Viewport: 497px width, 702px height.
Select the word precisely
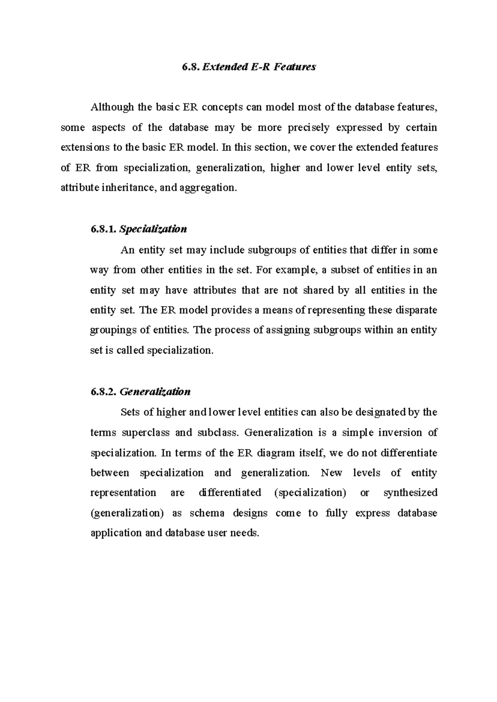point(308,128)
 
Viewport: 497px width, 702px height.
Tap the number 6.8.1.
point(103,229)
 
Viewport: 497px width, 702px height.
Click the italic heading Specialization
point(153,229)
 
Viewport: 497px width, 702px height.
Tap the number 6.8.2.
point(103,392)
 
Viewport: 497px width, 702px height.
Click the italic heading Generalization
point(155,392)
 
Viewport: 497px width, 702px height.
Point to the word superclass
point(146,433)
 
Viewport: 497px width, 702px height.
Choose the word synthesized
point(410,493)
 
